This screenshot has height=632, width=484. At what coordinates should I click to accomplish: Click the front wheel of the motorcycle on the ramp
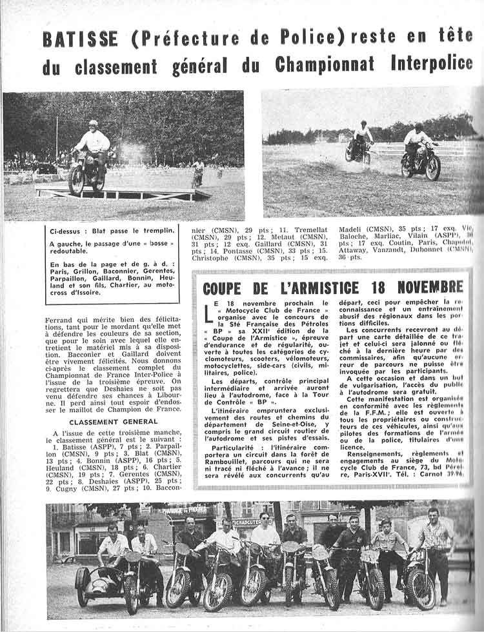point(76,181)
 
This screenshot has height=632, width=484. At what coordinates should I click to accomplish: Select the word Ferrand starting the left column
point(63,320)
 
